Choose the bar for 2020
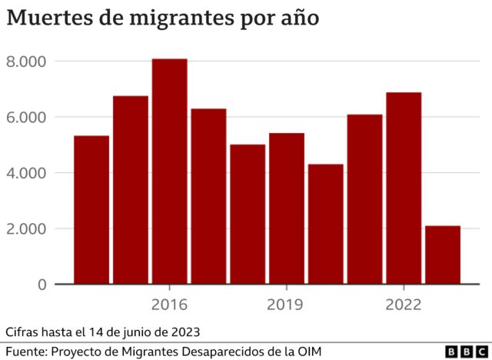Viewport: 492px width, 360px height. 325,224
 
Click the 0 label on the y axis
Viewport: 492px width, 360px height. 42,285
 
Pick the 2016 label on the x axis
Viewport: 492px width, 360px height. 169,305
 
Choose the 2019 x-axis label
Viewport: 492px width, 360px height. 286,305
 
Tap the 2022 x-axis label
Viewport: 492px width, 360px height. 404,305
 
